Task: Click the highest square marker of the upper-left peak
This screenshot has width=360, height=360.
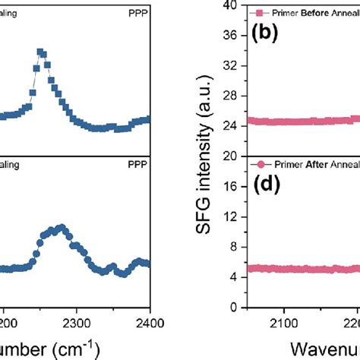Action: pos(41,52)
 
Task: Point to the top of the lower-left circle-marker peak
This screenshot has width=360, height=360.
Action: pos(61,227)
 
